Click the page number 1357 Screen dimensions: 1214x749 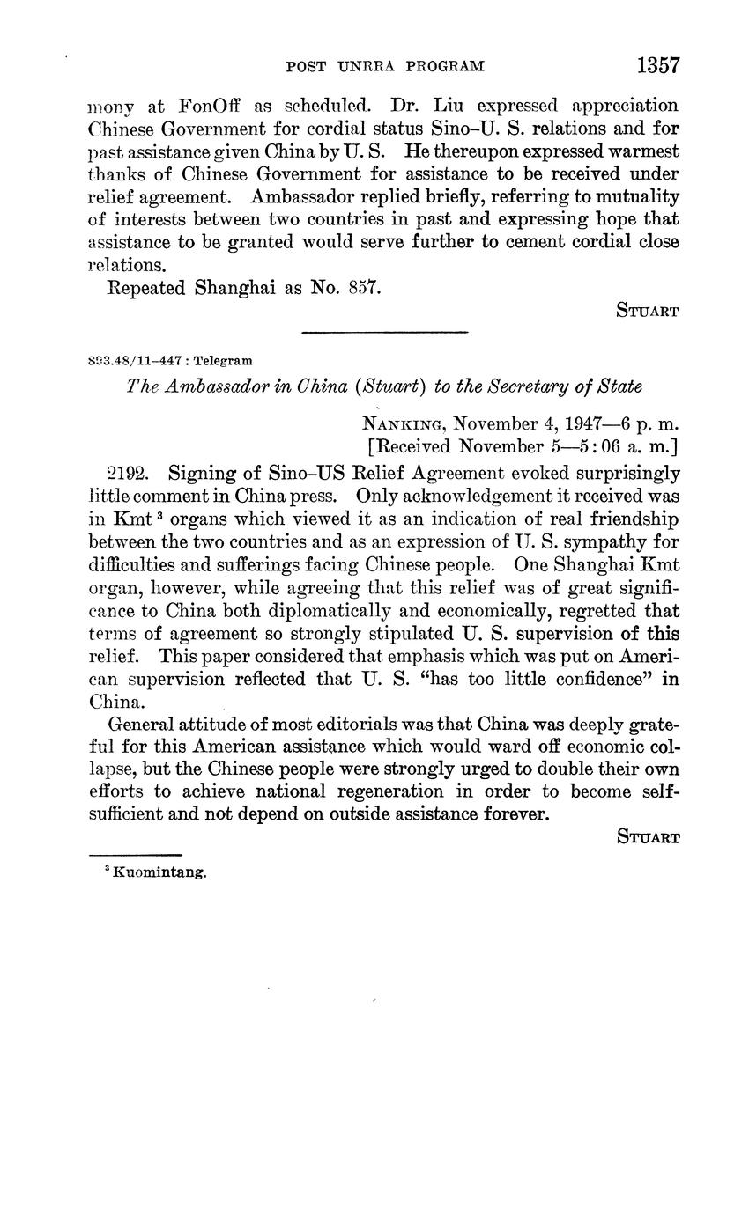656,65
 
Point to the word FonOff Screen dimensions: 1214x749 209,106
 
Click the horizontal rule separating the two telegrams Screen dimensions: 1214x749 384,332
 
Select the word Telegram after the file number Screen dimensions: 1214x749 223,360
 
